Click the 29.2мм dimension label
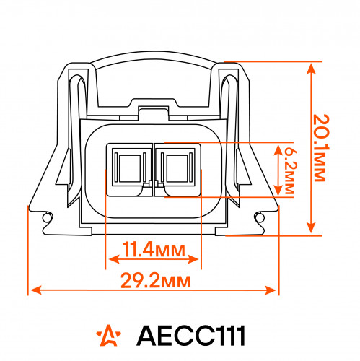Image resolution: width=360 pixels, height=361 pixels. click(x=156, y=280)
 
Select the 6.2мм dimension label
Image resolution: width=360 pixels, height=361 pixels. click(x=291, y=170)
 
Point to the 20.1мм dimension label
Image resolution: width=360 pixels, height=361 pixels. click(x=322, y=148)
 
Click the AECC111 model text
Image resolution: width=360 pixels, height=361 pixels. click(x=191, y=335)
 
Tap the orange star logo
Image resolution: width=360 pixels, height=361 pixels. click(x=109, y=335)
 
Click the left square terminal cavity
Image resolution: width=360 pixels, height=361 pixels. click(x=130, y=168)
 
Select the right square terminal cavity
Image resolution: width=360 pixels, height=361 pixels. click(x=177, y=168)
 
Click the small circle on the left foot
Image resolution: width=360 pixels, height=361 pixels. click(x=46, y=218)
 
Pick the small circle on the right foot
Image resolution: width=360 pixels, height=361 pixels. click(x=260, y=218)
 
